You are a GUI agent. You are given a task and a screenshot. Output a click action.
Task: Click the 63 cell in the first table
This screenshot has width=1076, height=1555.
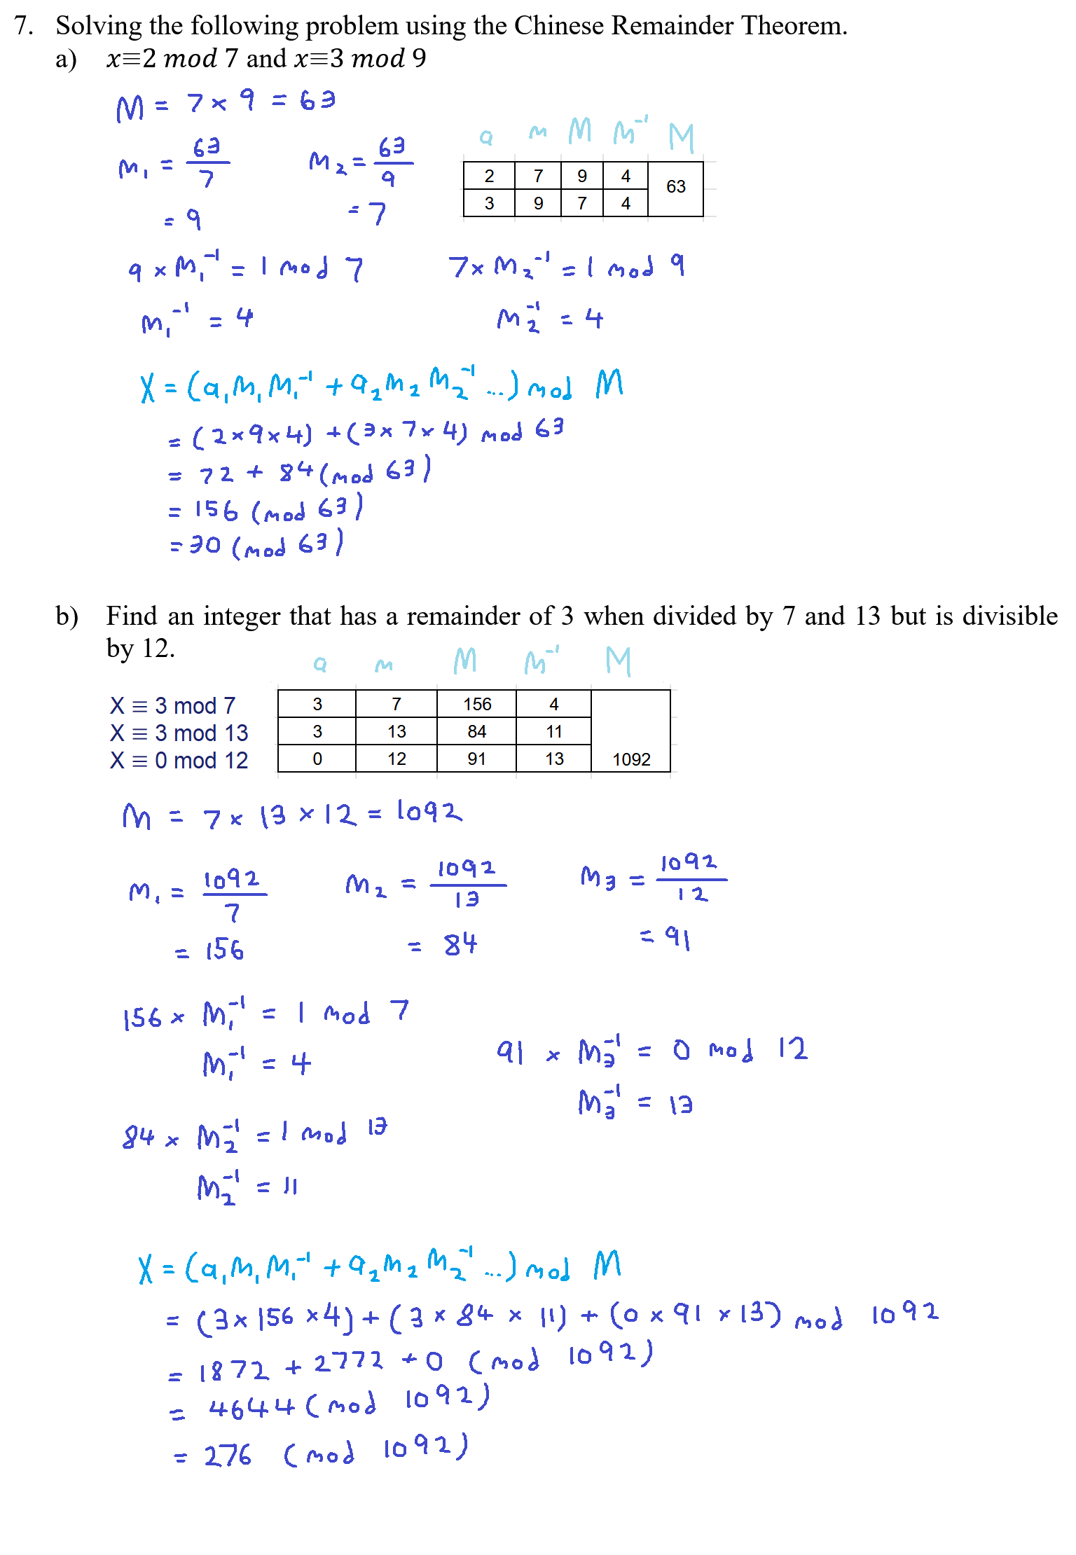coord(675,187)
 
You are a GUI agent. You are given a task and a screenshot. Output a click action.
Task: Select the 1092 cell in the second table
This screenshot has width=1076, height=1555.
coord(631,759)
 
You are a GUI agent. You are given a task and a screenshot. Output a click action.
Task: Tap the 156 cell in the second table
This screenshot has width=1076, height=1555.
coord(477,704)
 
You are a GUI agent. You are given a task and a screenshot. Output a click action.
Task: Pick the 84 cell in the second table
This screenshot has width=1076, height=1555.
coord(477,731)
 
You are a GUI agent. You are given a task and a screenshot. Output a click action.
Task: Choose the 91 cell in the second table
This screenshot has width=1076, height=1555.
coord(476,759)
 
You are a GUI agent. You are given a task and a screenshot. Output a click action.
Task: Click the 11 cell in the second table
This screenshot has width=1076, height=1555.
coord(554,731)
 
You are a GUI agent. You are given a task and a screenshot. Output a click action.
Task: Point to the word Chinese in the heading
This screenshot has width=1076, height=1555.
coord(558,26)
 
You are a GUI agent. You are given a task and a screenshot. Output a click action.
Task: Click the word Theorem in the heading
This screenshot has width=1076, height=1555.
coord(794,26)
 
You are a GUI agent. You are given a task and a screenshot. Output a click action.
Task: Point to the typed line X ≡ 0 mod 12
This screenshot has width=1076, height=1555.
coord(179,760)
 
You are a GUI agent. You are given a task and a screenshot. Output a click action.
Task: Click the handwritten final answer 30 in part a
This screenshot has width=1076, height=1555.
coord(205,544)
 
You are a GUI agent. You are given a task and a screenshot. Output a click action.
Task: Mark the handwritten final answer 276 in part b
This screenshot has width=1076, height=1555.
coord(228,1456)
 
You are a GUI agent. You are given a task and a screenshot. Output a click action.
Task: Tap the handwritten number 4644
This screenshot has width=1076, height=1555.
coord(251,1407)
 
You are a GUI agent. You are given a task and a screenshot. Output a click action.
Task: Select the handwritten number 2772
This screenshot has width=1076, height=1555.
coord(348,1362)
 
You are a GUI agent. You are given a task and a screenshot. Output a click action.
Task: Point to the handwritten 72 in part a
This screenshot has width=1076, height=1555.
coord(216,475)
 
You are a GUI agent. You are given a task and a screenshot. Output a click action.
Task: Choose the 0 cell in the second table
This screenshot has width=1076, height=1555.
coord(317,759)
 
